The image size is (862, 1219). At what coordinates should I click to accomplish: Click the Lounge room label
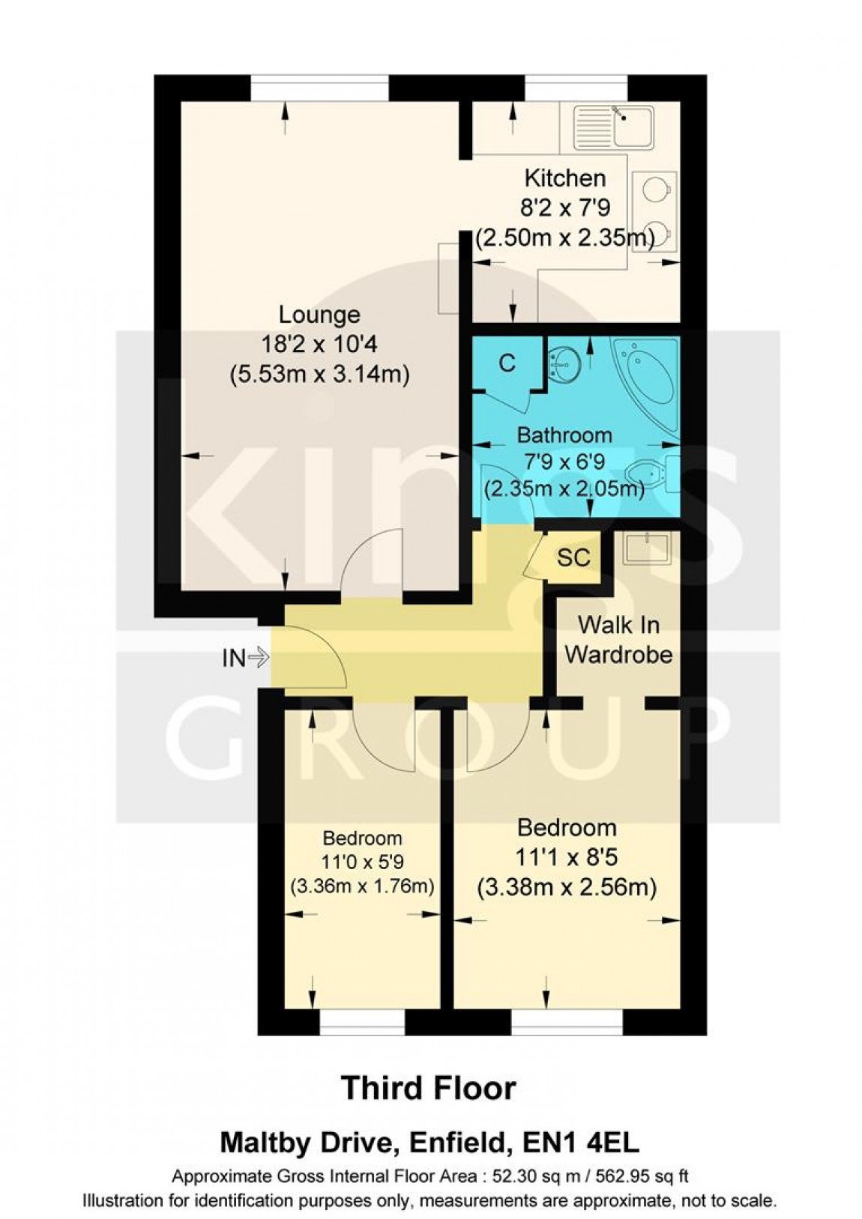pyautogui.click(x=319, y=314)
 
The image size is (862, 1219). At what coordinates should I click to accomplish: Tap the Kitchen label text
pyautogui.click(x=564, y=178)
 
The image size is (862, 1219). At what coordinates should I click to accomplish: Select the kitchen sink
pyautogui.click(x=614, y=126)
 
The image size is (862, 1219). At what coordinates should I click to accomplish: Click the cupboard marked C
pyautogui.click(x=507, y=363)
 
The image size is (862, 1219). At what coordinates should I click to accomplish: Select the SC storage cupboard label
pyautogui.click(x=573, y=558)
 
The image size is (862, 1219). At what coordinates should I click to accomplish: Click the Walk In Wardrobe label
pyautogui.click(x=618, y=639)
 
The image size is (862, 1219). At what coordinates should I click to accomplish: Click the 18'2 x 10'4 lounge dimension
pyautogui.click(x=319, y=345)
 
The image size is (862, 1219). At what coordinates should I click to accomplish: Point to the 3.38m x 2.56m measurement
pyautogui.click(x=567, y=888)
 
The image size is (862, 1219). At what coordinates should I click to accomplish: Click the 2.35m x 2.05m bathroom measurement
pyautogui.click(x=564, y=490)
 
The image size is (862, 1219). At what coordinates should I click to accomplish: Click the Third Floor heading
pyautogui.click(x=429, y=1088)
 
